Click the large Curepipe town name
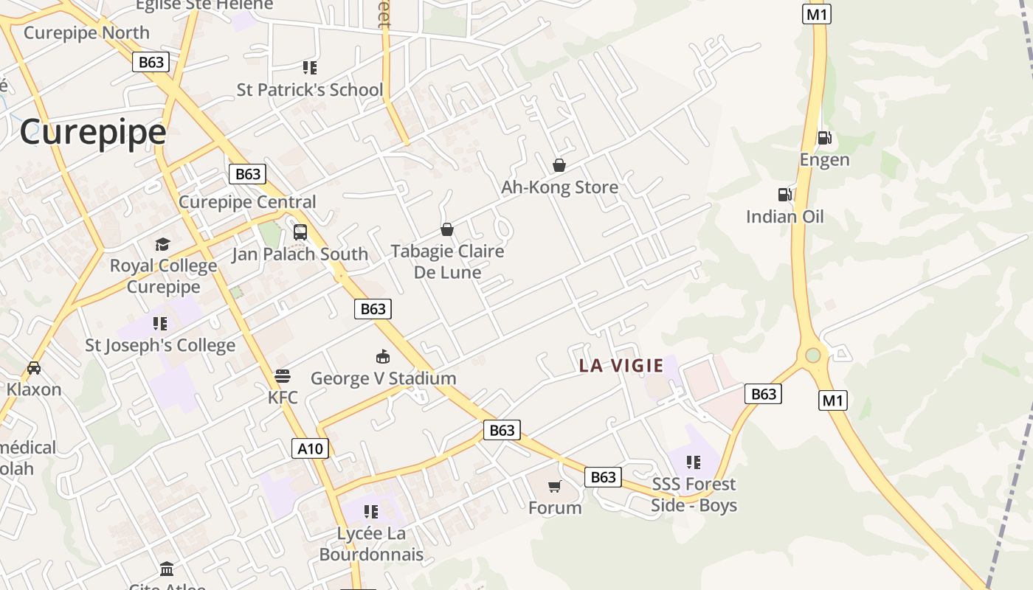tap(93, 133)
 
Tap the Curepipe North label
tap(86, 32)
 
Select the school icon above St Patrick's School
tap(310, 68)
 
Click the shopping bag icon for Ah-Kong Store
tap(559, 165)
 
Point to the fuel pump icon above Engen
tap(824, 137)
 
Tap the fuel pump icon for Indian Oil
tap(784, 195)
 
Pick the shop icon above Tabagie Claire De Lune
tap(446, 229)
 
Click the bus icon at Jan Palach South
tap(300, 232)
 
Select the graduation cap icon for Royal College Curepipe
tap(162, 244)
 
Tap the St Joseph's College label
tap(160, 345)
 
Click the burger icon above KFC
tap(282, 376)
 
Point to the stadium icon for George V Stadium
tap(382, 357)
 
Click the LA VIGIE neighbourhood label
tap(621, 365)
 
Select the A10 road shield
tap(310, 448)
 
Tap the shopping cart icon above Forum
tap(554, 486)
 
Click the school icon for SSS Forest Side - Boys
tap(693, 462)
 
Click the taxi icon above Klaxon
tap(33, 367)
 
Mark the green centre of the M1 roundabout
tap(813, 355)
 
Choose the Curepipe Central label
tap(247, 202)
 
